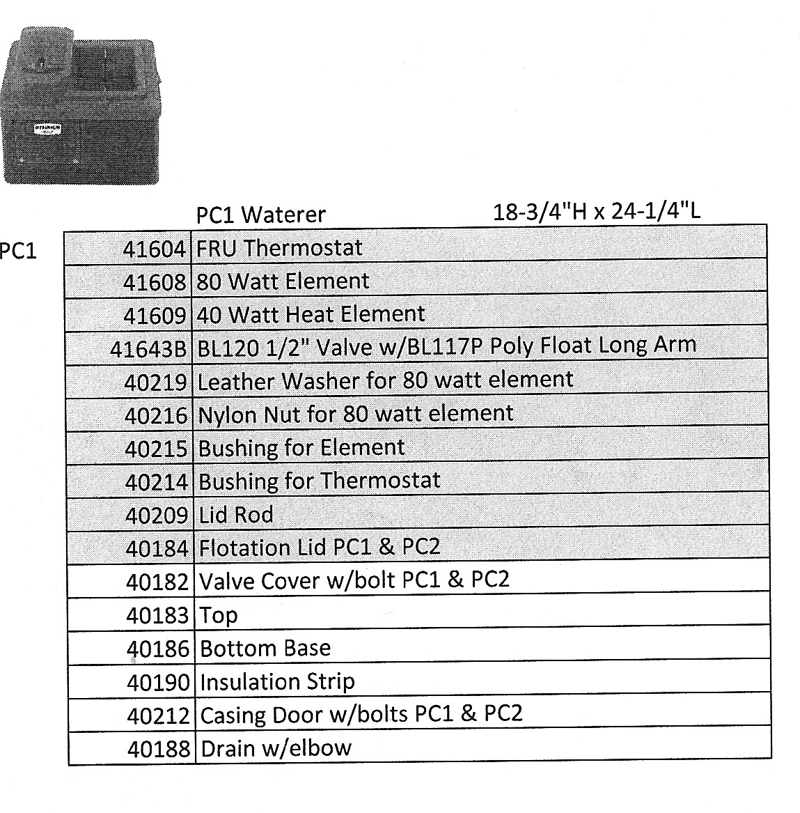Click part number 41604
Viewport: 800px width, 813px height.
pos(155,249)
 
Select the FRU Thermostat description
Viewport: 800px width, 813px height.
pos(280,248)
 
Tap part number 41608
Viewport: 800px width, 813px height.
pos(155,282)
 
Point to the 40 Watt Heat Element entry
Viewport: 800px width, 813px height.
pos(311,314)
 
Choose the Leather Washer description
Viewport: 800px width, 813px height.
pos(385,380)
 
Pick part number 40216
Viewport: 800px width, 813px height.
pos(156,415)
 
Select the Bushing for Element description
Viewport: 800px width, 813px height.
pos(301,447)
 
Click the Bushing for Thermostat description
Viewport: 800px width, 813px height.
pos(320,481)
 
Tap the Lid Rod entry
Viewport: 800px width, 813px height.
pos(236,515)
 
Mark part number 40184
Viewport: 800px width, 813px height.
pos(157,549)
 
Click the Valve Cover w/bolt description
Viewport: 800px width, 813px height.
pos(354,580)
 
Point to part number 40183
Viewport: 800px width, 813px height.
pos(157,616)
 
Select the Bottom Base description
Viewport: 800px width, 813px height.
pos(265,649)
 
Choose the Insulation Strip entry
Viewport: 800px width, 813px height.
pos(277,681)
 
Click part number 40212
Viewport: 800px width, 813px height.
pos(158,715)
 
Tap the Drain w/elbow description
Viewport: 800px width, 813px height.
pos(276,749)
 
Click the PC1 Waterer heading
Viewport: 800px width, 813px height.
pos(260,215)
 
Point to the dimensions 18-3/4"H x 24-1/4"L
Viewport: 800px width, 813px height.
pos(596,210)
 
